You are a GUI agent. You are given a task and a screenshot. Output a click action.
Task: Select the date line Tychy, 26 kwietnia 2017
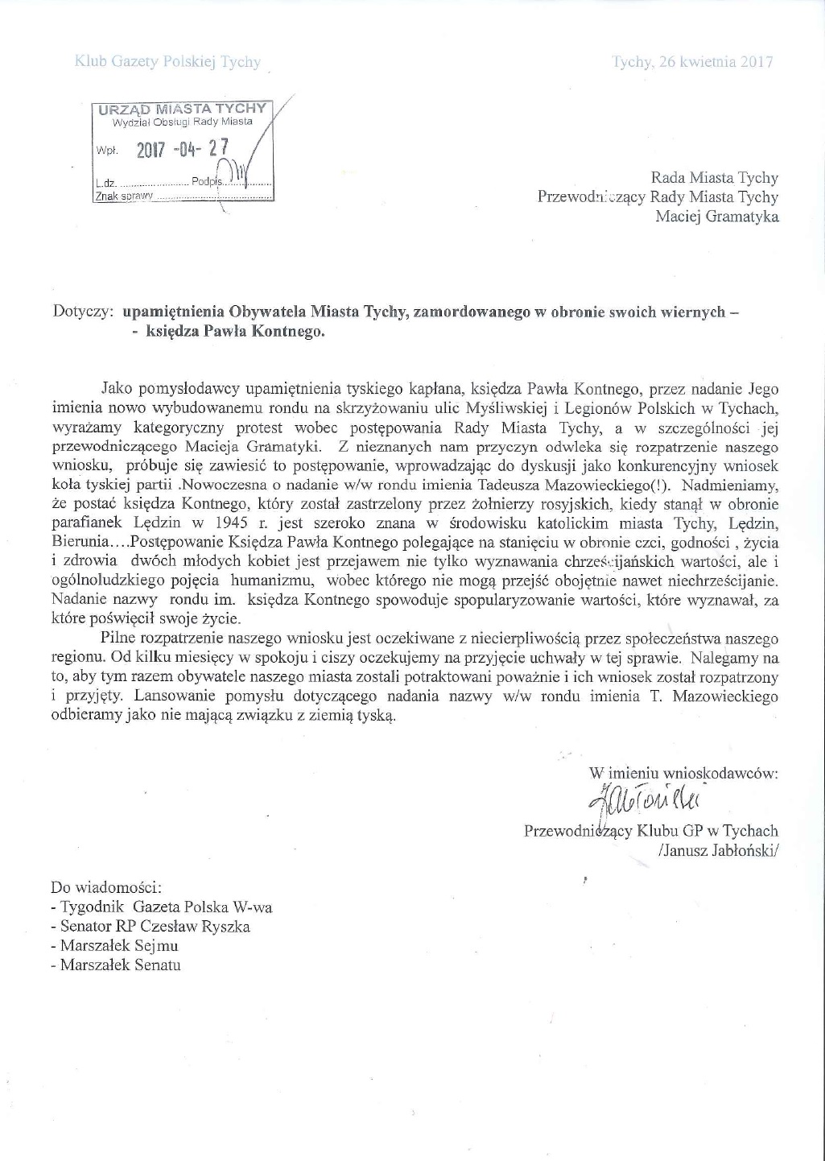coord(692,62)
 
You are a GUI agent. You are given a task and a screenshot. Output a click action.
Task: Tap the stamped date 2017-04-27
coord(183,148)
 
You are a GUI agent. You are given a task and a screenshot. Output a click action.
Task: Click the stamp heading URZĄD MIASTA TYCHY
coord(182,109)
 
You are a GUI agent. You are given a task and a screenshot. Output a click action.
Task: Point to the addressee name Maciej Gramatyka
coord(716,216)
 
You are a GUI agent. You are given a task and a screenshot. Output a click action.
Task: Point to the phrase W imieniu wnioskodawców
coord(683,773)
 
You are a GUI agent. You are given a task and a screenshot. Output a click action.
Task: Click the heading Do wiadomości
coord(106,888)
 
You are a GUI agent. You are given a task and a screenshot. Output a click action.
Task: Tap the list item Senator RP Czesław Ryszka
coord(155,927)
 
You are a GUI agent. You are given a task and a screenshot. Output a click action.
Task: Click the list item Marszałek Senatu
coord(121,965)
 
